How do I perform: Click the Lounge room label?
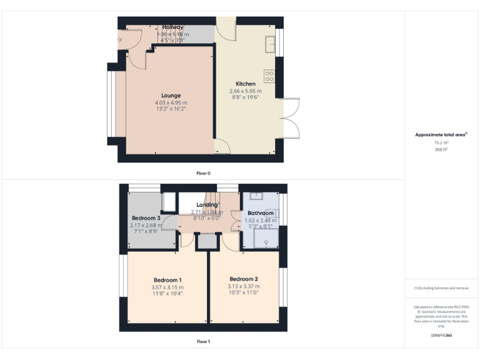171,96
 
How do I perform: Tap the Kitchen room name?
245,84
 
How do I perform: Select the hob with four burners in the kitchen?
270,76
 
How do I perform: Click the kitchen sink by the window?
270,44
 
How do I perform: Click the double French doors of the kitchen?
290,119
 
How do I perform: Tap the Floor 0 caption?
203,172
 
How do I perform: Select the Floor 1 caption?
203,342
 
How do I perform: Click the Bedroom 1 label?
167,279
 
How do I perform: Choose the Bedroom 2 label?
243,279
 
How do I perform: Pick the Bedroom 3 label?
146,217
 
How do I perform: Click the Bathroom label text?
261,213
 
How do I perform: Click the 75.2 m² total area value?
442,142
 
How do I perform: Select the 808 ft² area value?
442,150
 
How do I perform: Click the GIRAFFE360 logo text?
441,336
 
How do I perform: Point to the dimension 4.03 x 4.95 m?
171,102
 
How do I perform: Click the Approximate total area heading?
441,134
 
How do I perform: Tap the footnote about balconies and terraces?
441,288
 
